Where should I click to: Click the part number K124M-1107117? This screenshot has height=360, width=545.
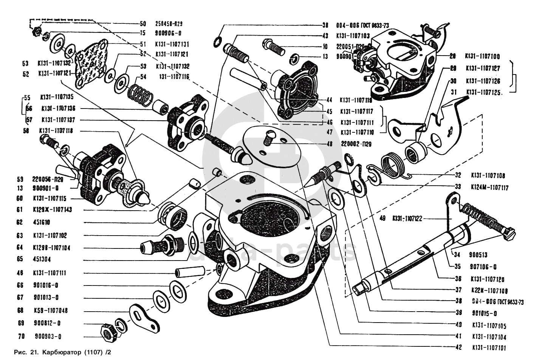489,188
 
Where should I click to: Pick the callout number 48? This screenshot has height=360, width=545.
330,144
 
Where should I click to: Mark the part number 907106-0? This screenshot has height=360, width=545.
483,267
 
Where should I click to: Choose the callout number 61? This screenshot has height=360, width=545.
20,209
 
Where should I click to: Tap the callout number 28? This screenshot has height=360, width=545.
452,56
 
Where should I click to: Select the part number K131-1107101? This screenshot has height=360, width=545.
489,348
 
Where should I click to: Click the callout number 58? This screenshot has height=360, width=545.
25,131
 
